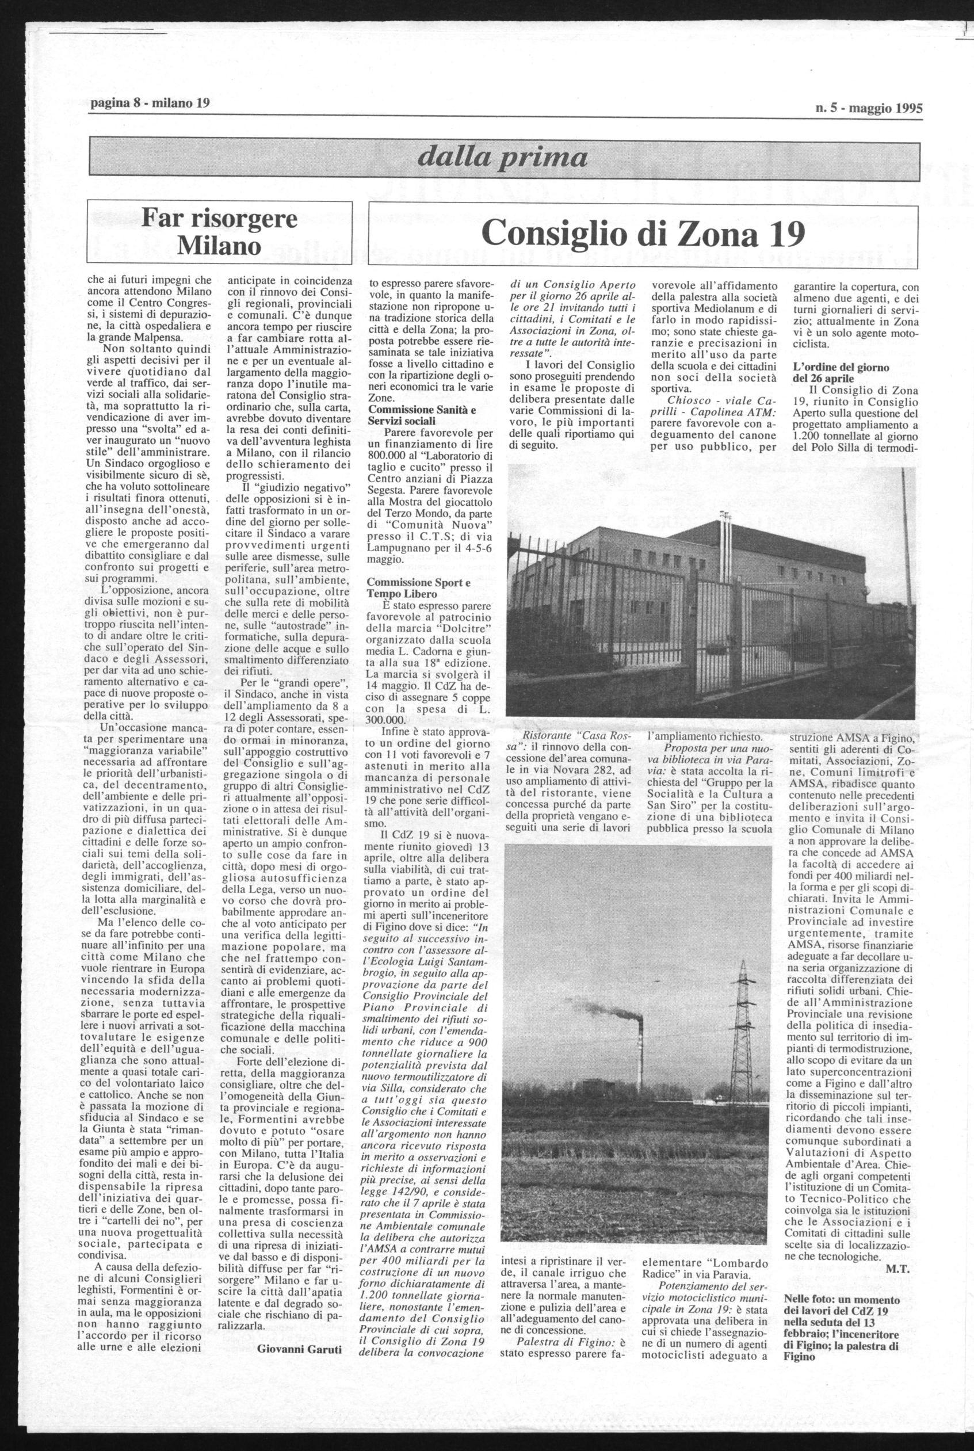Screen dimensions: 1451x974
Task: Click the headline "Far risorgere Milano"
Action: coord(219,232)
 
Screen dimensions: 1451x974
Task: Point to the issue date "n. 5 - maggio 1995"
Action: coord(868,108)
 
